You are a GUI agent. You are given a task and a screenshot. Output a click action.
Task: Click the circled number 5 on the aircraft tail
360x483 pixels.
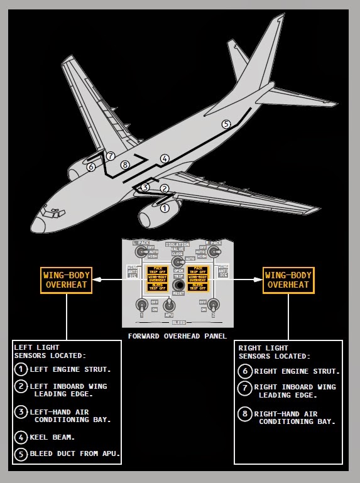point(226,124)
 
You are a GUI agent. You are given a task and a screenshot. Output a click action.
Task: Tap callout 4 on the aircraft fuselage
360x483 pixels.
point(165,159)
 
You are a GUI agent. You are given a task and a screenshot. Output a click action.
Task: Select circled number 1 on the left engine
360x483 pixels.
point(165,208)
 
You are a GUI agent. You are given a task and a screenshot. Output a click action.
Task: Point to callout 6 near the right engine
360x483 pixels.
point(91,167)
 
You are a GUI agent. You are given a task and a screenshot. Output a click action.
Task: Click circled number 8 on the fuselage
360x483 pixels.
point(124,165)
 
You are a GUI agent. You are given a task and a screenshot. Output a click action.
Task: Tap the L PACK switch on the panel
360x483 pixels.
point(139,251)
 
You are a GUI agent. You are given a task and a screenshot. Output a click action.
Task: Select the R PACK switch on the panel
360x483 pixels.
point(214,251)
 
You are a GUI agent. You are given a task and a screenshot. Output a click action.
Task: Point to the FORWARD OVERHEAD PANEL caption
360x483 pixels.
point(177,336)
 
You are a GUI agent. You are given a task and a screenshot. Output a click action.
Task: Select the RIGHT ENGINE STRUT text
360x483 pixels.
point(297,371)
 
